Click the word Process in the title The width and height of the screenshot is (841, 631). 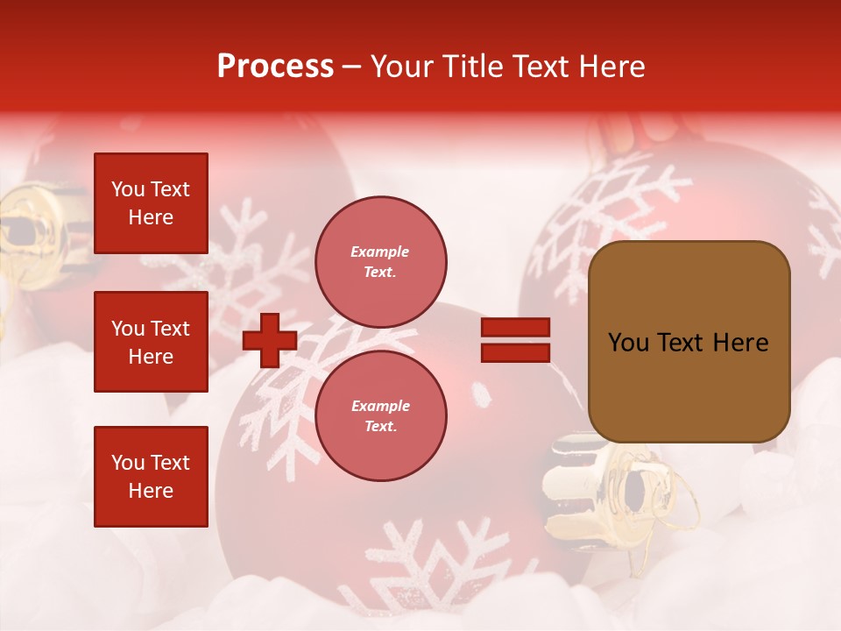(275, 67)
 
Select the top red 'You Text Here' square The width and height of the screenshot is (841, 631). (151, 203)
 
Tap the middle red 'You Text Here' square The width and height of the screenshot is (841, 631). (151, 342)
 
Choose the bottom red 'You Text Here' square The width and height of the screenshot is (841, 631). (151, 477)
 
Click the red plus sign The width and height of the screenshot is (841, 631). (270, 340)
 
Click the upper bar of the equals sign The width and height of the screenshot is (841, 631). (516, 327)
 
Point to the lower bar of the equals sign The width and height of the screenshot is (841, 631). (516, 352)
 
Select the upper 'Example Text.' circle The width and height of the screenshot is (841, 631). (380, 262)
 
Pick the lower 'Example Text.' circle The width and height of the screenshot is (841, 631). (380, 416)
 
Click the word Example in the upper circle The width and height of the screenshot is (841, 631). (380, 252)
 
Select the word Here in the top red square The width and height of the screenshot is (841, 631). (151, 217)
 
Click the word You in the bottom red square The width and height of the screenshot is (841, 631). (128, 463)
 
